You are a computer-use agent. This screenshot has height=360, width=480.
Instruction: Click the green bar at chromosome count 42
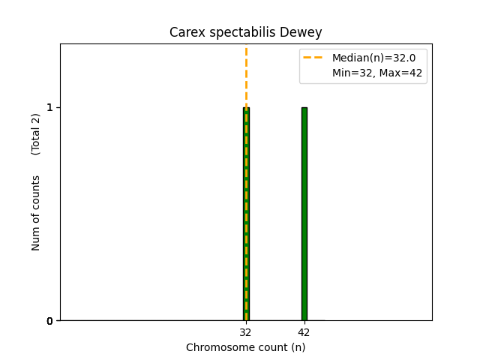click(304, 214)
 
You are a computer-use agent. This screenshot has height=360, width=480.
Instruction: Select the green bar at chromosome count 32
click(246, 214)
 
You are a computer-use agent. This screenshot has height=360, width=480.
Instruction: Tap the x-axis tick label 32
click(246, 332)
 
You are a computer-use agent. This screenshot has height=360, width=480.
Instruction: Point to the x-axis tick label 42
click(304, 332)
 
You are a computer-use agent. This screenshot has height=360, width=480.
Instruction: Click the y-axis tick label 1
click(50, 107)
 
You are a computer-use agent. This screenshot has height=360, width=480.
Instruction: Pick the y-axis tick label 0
click(50, 321)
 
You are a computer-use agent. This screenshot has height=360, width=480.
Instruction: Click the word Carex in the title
click(185, 32)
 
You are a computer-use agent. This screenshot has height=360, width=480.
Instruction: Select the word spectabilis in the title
click(240, 32)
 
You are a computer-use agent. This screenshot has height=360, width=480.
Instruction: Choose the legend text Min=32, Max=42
click(377, 73)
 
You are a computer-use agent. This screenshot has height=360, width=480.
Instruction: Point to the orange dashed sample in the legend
click(313, 57)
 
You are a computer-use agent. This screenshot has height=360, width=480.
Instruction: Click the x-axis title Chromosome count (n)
click(246, 347)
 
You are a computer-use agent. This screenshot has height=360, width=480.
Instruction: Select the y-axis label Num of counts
click(36, 213)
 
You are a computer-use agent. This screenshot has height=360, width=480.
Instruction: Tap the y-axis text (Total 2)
click(36, 134)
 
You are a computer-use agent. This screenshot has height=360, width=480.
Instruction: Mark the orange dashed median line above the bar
click(246, 75)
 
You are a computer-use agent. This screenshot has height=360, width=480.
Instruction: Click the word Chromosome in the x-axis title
click(218, 347)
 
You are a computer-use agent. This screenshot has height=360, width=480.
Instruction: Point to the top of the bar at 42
click(304, 108)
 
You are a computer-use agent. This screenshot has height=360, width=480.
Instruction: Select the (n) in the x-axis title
click(298, 347)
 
